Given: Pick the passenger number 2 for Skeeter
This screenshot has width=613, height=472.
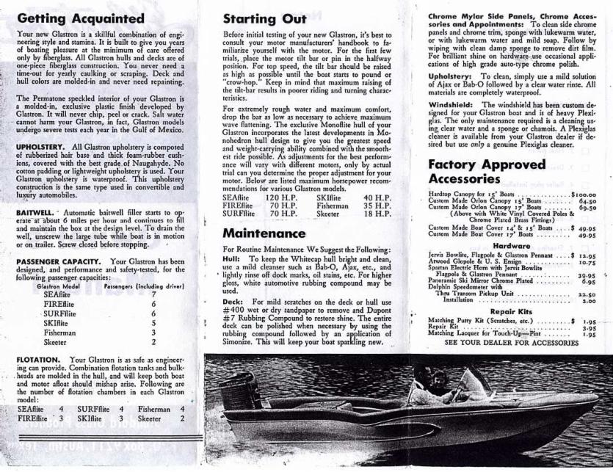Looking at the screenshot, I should click(x=153, y=341).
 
